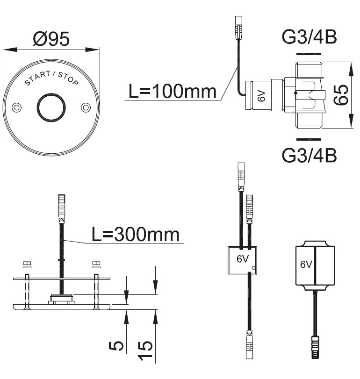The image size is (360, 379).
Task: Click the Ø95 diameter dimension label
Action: coord(51,39)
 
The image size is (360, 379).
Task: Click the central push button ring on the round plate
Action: coord(51,107)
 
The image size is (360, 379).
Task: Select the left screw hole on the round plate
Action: coord(16,107)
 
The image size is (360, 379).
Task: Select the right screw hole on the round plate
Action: coord(86,107)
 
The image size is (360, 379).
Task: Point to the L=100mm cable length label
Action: coord(172,91)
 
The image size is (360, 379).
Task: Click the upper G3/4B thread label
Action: coord(309,37)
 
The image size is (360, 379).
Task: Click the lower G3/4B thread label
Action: coord(309,155)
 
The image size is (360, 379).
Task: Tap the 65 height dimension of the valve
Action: coord(341,95)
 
